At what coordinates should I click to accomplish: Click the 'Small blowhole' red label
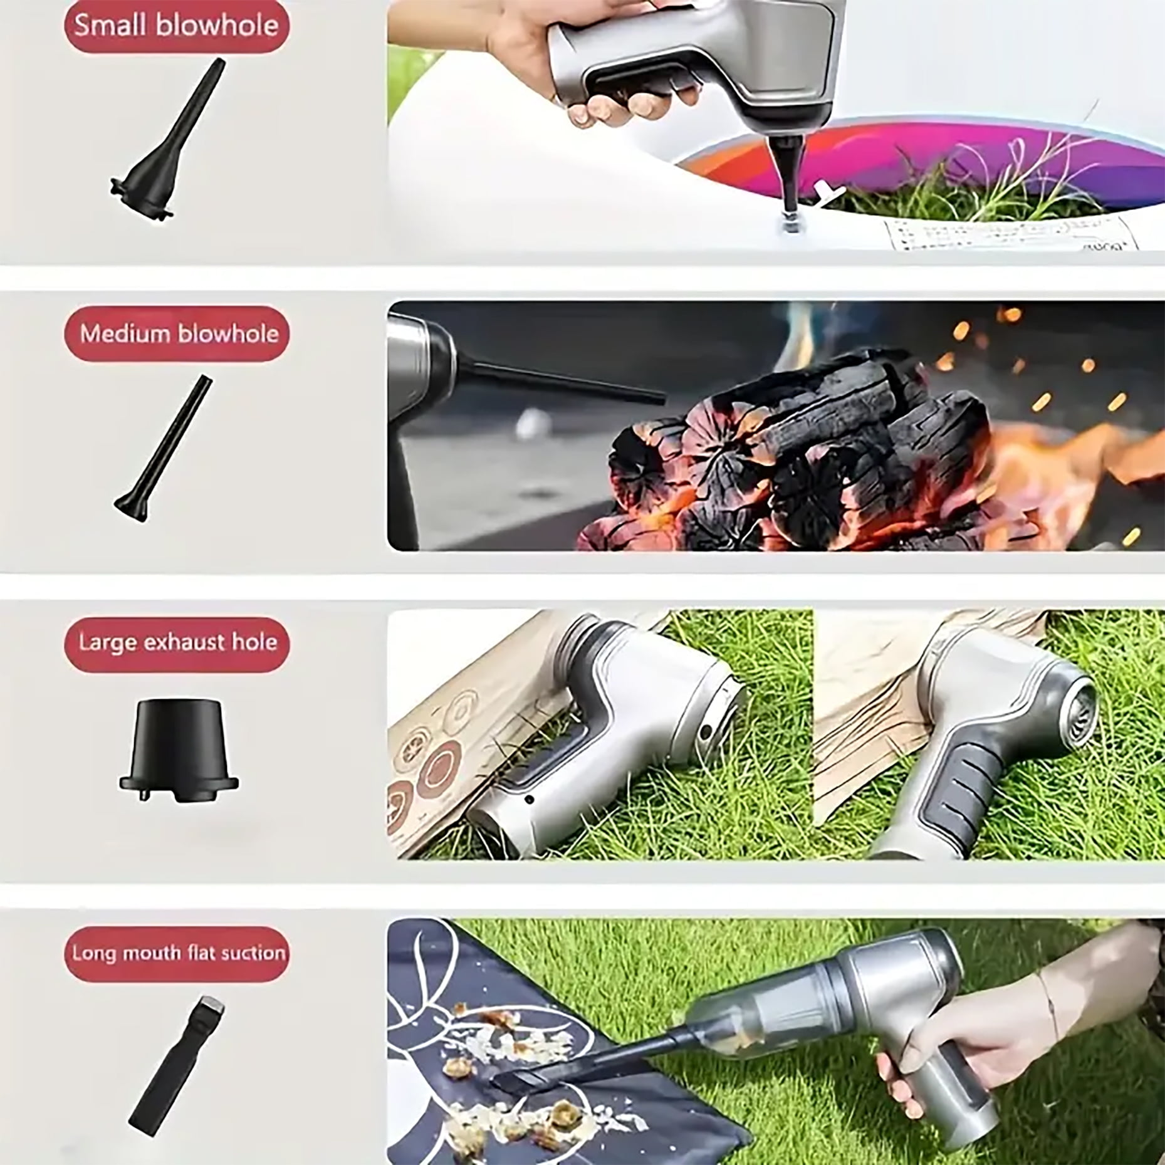(x=177, y=26)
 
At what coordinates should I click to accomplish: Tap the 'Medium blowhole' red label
(x=177, y=333)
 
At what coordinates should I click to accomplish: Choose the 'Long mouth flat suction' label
(x=177, y=954)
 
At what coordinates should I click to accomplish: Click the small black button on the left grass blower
(x=530, y=799)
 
